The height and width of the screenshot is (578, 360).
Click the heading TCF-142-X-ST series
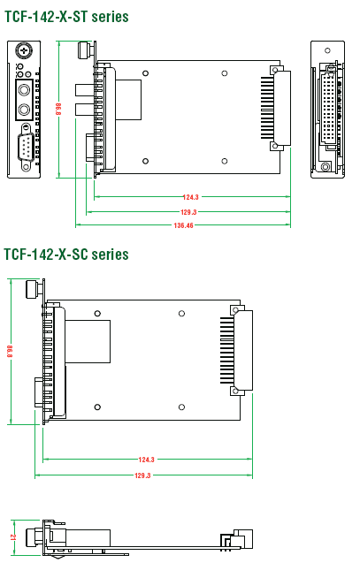click(66, 17)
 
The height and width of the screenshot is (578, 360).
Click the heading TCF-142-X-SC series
click(66, 255)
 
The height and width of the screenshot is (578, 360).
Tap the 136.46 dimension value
click(183, 225)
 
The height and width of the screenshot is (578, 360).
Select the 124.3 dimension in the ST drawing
click(191, 197)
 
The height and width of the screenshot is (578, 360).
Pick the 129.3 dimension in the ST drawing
click(188, 212)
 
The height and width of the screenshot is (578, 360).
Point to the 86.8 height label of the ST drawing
click(58, 109)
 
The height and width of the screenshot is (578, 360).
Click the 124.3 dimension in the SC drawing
click(147, 460)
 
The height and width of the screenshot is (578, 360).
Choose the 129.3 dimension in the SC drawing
click(142, 475)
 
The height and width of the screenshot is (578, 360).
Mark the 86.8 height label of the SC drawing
click(10, 351)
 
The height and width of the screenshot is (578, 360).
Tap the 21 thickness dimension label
click(13, 537)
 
